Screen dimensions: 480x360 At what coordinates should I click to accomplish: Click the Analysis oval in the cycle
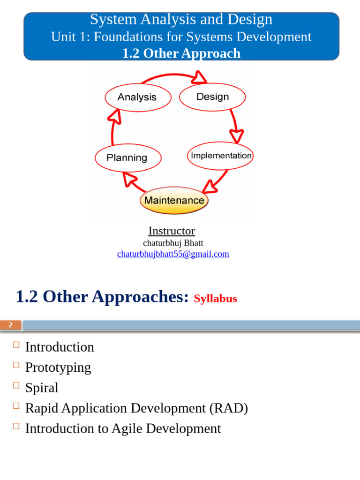(137, 97)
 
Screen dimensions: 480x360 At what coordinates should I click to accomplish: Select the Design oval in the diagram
(213, 97)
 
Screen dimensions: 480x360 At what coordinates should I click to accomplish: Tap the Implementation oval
(220, 156)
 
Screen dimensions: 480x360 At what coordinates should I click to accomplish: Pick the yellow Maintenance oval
(174, 201)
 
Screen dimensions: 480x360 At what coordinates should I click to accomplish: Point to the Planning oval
(127, 158)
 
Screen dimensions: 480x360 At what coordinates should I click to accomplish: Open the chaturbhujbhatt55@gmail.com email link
(173, 254)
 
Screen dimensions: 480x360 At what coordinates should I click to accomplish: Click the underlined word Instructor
(172, 231)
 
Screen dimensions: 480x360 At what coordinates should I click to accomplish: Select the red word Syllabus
(216, 299)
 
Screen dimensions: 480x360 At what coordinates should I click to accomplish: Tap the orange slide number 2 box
(10, 325)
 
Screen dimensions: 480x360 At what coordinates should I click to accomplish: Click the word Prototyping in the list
(58, 367)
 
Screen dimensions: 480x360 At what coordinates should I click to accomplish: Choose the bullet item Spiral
(42, 388)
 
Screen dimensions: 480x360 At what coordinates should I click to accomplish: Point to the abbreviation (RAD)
(229, 408)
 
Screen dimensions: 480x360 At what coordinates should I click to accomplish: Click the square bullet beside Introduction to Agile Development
(16, 426)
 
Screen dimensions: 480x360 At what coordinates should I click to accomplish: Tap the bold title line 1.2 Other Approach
(181, 53)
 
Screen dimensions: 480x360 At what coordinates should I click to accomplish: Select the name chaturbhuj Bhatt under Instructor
(173, 243)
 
